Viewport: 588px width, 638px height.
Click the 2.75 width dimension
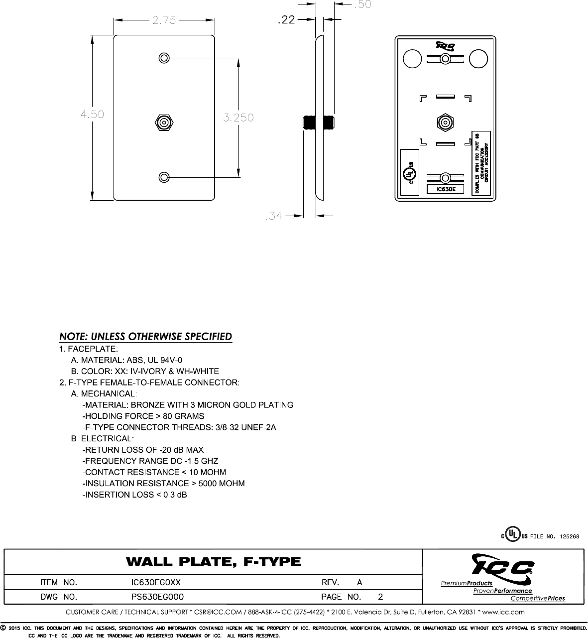pos(164,20)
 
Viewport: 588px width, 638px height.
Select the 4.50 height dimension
pos(92,114)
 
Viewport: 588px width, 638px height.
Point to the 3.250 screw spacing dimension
pos(238,118)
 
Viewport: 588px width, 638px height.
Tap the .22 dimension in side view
pos(286,20)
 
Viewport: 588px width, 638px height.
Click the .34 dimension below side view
pos(273,216)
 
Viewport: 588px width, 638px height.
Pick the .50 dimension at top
pos(362,4)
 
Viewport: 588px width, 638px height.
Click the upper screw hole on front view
pos(164,58)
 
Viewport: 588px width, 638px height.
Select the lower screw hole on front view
pos(164,177)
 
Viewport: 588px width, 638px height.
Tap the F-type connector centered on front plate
pos(164,122)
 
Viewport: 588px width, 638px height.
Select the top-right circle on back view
pos(478,59)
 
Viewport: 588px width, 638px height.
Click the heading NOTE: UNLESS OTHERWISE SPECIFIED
pos(146,336)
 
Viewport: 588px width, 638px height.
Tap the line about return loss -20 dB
pos(143,450)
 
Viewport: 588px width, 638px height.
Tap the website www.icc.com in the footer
pos(503,612)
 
